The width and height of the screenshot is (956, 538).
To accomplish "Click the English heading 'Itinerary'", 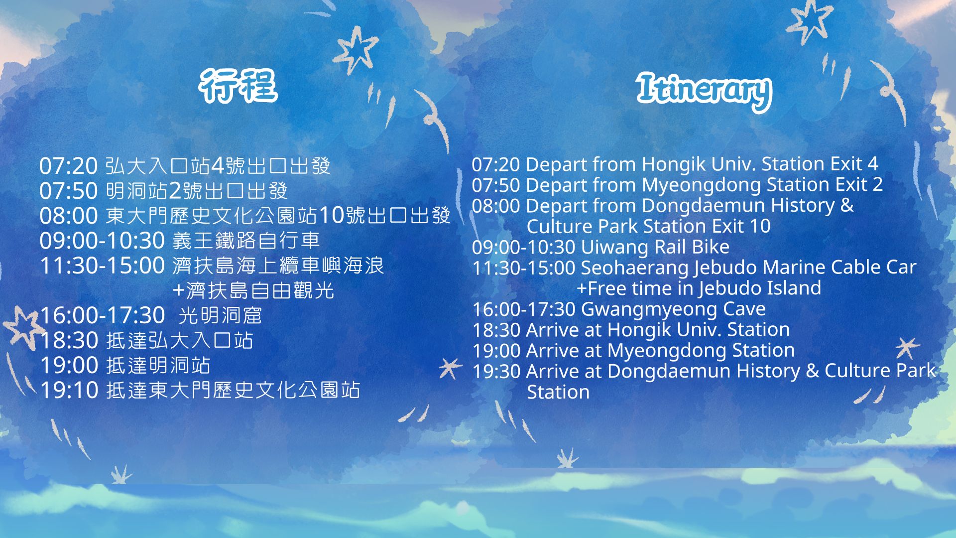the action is [x=704, y=91].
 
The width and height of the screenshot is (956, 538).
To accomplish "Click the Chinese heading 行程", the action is [x=239, y=86].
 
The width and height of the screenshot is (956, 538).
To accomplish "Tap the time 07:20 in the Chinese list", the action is [x=68, y=166].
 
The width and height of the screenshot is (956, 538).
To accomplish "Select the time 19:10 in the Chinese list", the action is [x=69, y=390].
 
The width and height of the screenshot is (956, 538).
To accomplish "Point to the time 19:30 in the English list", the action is [x=496, y=371].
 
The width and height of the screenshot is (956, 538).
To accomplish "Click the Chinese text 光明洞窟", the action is [x=220, y=315].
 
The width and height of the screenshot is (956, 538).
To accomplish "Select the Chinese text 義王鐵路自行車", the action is [x=246, y=241].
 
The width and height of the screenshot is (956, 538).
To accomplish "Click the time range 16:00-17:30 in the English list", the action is [x=524, y=309].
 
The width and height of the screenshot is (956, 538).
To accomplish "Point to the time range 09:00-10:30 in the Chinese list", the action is [x=102, y=241].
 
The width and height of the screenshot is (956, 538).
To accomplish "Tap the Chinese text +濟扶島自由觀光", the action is [x=253, y=290].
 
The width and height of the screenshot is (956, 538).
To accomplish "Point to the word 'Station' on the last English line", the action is [x=558, y=392].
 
